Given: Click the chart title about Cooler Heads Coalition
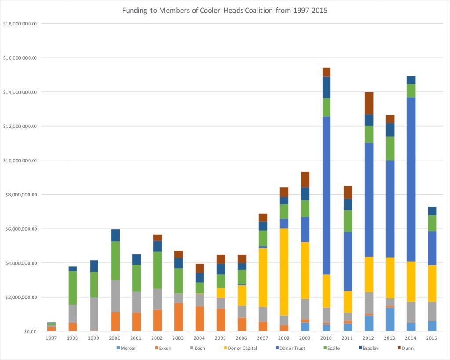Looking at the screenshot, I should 225,10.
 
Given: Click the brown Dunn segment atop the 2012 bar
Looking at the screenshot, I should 369,103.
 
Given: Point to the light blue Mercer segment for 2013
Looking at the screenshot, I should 390,319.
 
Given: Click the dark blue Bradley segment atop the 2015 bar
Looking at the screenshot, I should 432,211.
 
